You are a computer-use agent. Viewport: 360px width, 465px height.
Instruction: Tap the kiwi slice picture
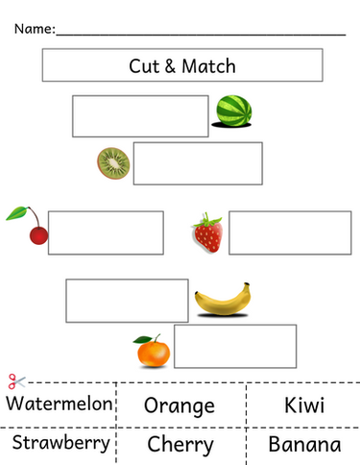112,163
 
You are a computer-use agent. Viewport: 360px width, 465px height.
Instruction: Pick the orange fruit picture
151,353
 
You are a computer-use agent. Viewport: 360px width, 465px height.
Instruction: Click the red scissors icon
13,381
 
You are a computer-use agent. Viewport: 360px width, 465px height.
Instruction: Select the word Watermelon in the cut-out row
59,404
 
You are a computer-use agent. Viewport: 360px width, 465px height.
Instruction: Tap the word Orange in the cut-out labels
179,405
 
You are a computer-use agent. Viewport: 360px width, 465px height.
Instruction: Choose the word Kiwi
304,404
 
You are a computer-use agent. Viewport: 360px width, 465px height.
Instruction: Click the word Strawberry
59,444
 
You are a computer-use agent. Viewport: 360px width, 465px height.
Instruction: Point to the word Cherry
180,445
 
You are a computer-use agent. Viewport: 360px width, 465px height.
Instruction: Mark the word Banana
304,445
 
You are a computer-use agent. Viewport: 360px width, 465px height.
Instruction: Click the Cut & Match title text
182,66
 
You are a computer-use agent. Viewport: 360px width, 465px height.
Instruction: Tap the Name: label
34,29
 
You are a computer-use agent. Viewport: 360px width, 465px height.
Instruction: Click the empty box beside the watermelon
140,116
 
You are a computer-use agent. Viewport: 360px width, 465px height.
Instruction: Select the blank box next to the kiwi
197,162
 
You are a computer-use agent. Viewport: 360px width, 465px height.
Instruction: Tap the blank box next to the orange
234,346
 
